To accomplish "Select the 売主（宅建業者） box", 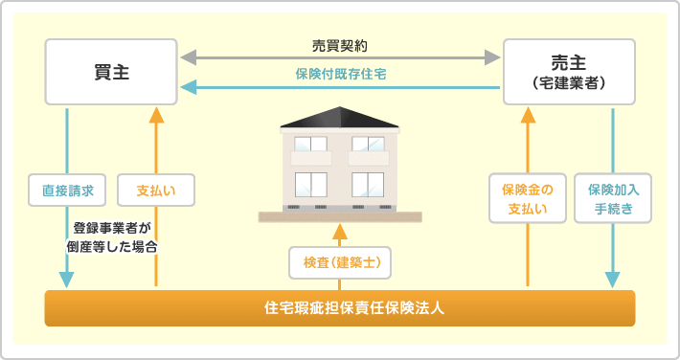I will (x=569, y=72).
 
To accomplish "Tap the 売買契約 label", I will (x=340, y=45).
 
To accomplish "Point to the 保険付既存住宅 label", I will (x=340, y=73).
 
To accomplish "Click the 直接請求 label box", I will (x=67, y=190).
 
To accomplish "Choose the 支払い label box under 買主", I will (x=155, y=190).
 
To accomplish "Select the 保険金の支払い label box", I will (x=528, y=198).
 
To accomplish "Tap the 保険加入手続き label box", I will (x=613, y=198).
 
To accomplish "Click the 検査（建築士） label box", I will (x=340, y=260).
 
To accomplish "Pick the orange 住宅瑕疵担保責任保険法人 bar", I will (x=340, y=308).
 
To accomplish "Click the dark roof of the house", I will (x=340, y=116).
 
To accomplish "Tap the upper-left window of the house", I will (x=311, y=144).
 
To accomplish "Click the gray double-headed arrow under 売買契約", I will (x=340, y=58).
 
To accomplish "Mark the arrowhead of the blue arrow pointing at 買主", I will (x=190, y=87).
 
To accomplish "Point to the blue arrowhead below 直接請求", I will (x=67, y=280).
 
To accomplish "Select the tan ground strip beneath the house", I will (x=340, y=217).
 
